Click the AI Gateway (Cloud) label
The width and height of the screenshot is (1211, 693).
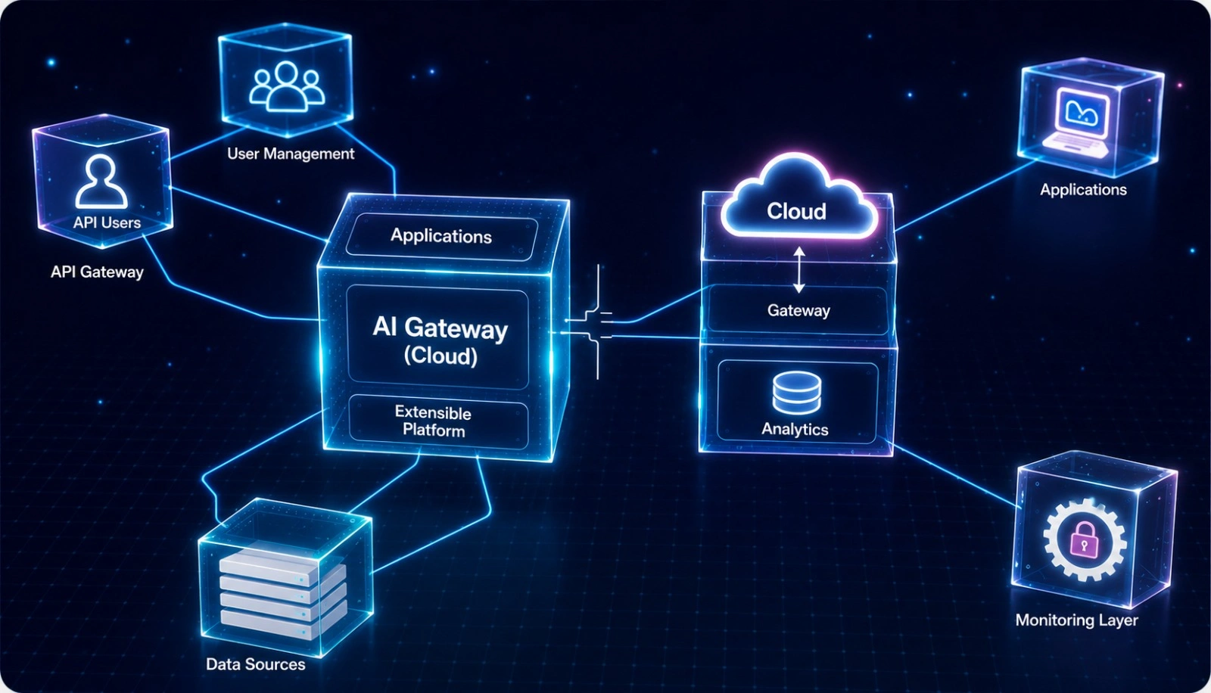click(440, 341)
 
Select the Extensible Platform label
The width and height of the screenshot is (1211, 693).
click(434, 421)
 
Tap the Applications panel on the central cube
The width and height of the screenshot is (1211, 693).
click(441, 236)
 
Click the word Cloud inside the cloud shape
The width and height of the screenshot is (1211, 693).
click(796, 211)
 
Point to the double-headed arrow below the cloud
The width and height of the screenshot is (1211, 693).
click(799, 270)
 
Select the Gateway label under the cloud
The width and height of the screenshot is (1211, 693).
click(799, 310)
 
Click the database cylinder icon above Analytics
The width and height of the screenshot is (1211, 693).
click(797, 393)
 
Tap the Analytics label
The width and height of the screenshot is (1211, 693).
click(795, 429)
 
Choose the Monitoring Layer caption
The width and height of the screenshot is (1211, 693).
click(1076, 620)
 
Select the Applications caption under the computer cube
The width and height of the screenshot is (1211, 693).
click(1083, 190)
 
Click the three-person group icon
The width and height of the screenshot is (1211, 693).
click(287, 86)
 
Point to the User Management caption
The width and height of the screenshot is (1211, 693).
click(291, 154)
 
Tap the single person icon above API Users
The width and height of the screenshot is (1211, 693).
click(101, 182)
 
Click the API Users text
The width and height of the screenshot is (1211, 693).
click(107, 222)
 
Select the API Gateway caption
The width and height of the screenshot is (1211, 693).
click(98, 272)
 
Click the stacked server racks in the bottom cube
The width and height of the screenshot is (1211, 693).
click(282, 594)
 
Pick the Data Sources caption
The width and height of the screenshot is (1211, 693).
click(256, 664)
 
